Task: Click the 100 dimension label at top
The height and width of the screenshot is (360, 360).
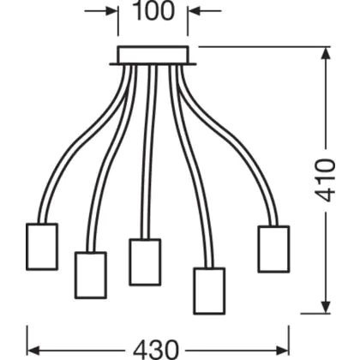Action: pos(153,11)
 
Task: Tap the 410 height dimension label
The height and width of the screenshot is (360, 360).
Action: pos(325,180)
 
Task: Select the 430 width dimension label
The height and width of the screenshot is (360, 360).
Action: pos(156,350)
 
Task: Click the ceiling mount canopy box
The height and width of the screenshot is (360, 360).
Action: pos(153,56)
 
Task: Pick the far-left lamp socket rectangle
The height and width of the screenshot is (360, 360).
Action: pos(42,247)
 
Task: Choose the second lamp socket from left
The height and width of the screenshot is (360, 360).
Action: pos(91,275)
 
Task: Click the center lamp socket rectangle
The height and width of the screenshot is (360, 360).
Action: pos(145,262)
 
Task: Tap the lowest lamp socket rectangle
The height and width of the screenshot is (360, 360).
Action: pos(209,291)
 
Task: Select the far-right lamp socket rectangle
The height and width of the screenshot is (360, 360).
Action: pos(273,249)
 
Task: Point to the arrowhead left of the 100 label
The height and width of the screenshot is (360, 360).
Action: pos(111,11)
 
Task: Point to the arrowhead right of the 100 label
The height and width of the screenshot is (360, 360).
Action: pos(195,11)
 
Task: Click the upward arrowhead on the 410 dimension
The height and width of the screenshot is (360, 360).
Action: pos(326,53)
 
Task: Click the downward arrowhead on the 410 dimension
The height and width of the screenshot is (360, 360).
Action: pos(326,307)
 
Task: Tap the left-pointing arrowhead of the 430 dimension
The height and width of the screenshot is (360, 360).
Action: pos(33,350)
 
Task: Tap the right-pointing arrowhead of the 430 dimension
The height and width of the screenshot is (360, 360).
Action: pos(282,350)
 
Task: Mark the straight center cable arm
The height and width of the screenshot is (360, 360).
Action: pos(149,152)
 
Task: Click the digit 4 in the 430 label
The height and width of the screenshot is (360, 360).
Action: pos(141,350)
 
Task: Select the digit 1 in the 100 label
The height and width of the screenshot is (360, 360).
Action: pos(138,11)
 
